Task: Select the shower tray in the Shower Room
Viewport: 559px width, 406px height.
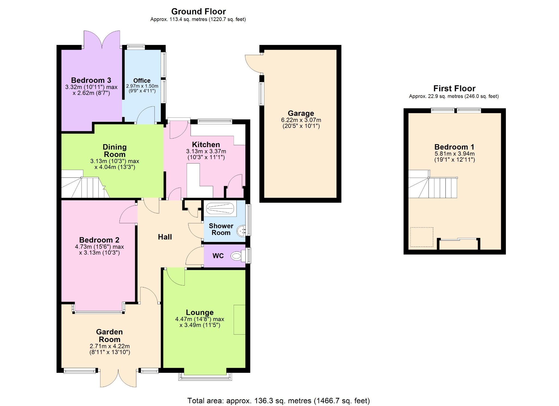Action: click(x=220, y=209)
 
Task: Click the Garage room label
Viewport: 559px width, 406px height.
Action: click(x=301, y=113)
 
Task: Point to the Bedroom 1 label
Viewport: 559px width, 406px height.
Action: click(x=454, y=147)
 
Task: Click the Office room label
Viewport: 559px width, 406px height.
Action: click(x=142, y=80)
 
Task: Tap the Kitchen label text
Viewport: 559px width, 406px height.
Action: click(x=206, y=144)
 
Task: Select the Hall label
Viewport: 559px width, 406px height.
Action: click(x=165, y=237)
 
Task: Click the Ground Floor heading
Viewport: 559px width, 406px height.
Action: click(x=198, y=11)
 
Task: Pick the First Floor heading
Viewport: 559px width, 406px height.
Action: click(x=454, y=88)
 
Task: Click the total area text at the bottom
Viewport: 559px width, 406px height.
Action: click(x=278, y=401)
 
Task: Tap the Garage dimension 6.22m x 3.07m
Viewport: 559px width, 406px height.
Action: click(x=301, y=120)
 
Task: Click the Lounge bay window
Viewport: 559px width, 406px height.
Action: click(x=205, y=376)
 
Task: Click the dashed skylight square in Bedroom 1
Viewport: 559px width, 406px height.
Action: click(x=422, y=237)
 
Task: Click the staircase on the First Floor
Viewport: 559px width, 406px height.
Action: click(x=433, y=184)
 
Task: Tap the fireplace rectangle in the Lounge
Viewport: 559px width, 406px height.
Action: click(x=239, y=319)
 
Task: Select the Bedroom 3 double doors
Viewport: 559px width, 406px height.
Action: click(x=102, y=40)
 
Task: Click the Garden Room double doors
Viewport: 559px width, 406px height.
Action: click(x=118, y=378)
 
